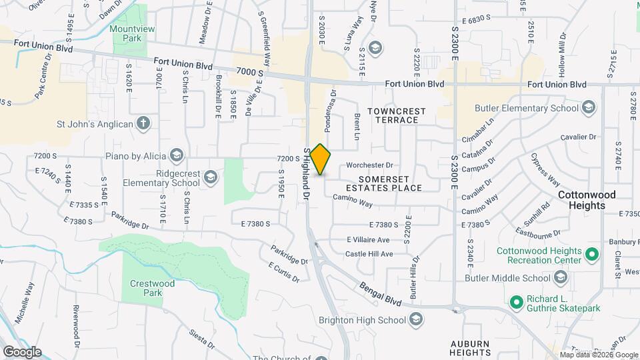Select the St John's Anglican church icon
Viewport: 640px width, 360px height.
(x=142, y=123)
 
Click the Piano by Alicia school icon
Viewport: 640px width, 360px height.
(x=177, y=156)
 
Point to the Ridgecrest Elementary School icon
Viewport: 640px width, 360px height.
(x=211, y=177)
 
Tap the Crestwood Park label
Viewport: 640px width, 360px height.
(x=152, y=288)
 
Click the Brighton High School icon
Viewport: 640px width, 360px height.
(x=417, y=320)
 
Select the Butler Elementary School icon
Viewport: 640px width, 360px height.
(x=589, y=108)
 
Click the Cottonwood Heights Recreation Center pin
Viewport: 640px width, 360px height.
(x=591, y=254)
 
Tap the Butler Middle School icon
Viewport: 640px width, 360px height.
(x=561, y=277)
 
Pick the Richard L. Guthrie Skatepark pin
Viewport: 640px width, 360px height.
(x=516, y=302)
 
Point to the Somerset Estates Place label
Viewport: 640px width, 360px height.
(x=390, y=183)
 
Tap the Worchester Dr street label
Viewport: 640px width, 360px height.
(x=371, y=165)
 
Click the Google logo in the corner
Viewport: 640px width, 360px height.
(x=21, y=352)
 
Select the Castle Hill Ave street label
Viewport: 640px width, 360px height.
(x=369, y=254)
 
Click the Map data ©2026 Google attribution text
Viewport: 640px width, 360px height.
(x=599, y=355)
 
